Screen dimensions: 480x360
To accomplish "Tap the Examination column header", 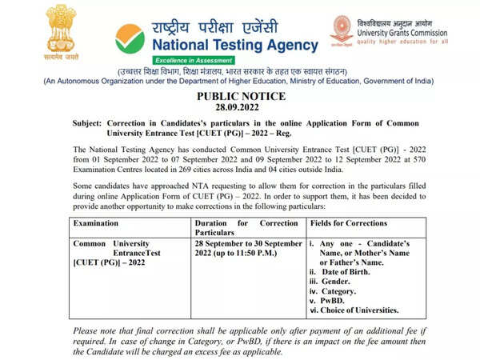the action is point(102,223).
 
